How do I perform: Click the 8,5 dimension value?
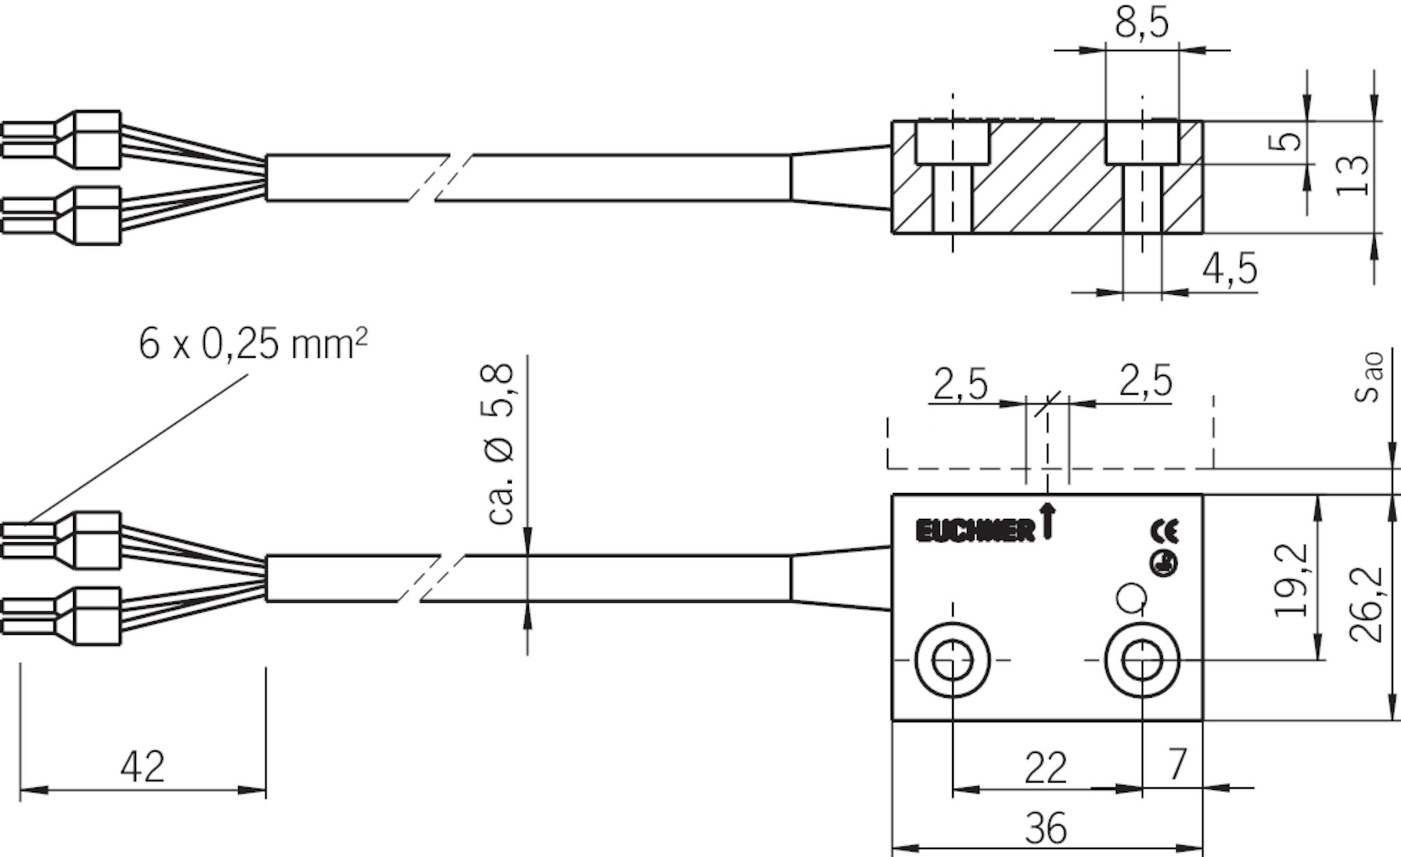[1142, 23]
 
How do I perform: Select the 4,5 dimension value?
[1230, 268]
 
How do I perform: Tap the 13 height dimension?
[1353, 176]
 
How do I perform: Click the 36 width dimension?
[1047, 829]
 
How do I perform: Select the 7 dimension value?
[1176, 764]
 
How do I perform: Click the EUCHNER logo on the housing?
[976, 531]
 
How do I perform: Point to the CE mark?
[1164, 532]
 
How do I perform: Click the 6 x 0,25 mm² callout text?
[253, 344]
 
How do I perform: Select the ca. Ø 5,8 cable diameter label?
[502, 445]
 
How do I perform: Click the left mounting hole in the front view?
[953, 661]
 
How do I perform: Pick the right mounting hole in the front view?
[1142, 661]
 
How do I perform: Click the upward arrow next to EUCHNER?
[1047, 520]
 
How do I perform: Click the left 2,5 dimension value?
[960, 386]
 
